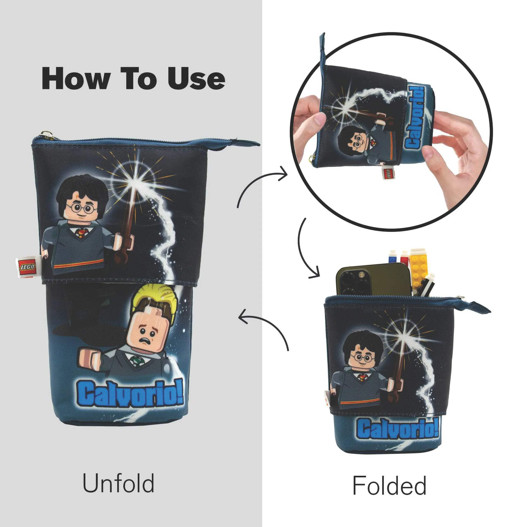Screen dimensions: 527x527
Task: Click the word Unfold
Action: pos(118,483)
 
